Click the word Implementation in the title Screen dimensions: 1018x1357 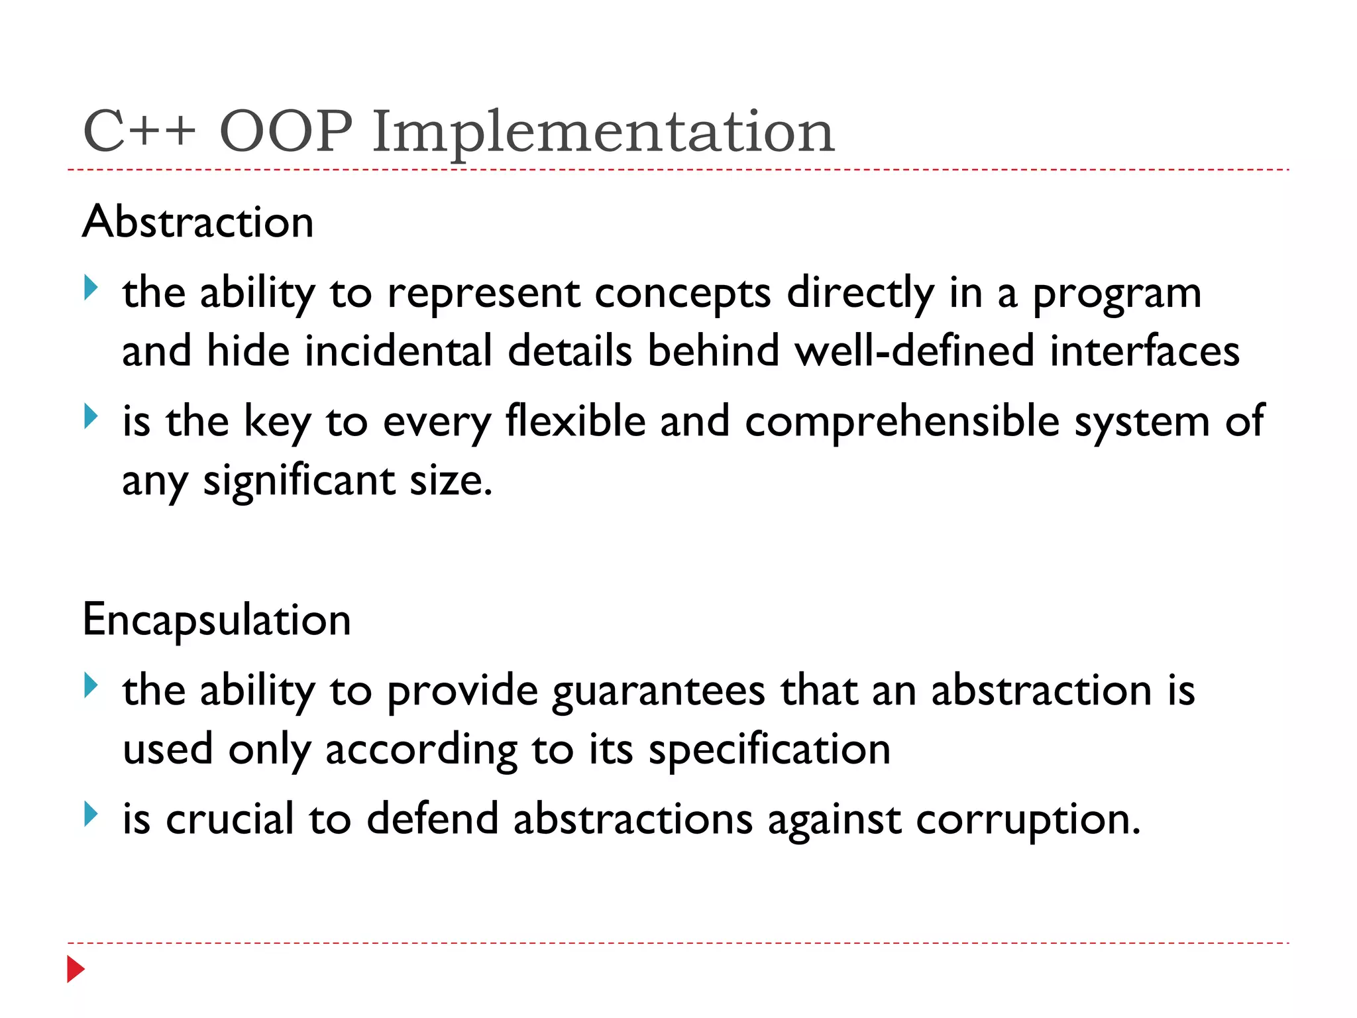(x=603, y=133)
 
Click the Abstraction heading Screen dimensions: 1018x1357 (x=198, y=221)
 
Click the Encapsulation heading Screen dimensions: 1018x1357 (x=217, y=620)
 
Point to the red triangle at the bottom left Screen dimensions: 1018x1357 (x=76, y=969)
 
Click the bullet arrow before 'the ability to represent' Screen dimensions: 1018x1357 (x=91, y=288)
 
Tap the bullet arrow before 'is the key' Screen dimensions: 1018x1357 (x=91, y=417)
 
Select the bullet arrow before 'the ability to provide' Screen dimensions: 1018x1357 (x=91, y=685)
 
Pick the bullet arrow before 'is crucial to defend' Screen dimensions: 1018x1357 (x=91, y=814)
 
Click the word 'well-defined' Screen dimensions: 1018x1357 (x=914, y=351)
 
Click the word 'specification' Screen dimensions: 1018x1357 (x=769, y=751)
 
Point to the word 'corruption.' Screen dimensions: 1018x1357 (x=1028, y=820)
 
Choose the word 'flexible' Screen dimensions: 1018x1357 (x=576, y=421)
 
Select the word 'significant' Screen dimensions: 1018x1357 (x=299, y=481)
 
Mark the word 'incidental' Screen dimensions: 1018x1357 (x=398, y=351)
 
